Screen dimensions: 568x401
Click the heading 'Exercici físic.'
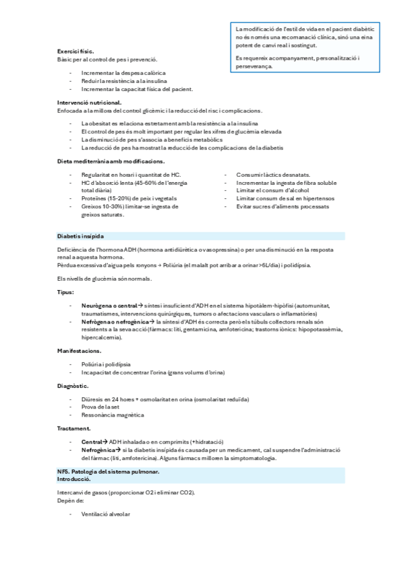(x=76, y=51)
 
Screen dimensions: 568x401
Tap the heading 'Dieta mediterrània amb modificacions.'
(x=110, y=161)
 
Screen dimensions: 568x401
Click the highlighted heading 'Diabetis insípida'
(x=80, y=236)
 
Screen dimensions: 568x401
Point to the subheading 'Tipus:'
(x=66, y=292)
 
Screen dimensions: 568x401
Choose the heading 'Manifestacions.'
(x=80, y=351)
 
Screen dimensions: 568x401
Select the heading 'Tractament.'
(x=74, y=428)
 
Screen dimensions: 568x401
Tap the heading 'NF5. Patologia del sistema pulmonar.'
(x=108, y=472)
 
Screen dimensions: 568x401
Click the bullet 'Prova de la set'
(x=100, y=407)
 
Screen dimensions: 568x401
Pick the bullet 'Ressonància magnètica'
(x=112, y=415)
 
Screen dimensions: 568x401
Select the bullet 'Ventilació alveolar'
(x=106, y=514)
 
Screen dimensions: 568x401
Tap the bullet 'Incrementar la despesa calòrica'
(x=123, y=72)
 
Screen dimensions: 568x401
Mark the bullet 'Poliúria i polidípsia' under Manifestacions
(x=106, y=364)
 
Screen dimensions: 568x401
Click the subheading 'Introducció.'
(x=74, y=480)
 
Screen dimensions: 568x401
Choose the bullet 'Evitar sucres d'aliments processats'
(x=283, y=206)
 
